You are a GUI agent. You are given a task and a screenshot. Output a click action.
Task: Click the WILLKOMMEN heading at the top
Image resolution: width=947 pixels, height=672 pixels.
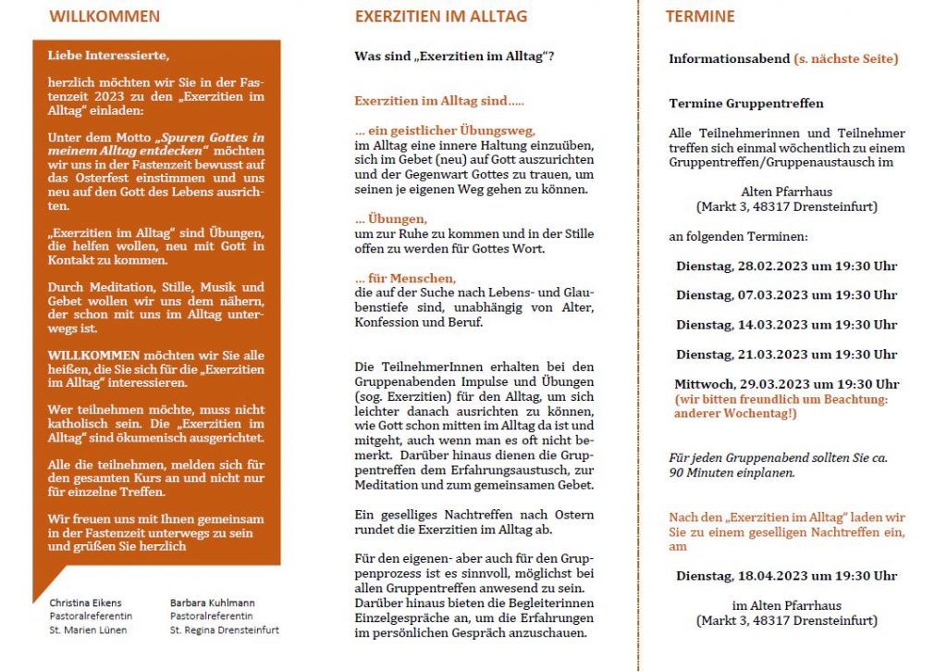(104, 17)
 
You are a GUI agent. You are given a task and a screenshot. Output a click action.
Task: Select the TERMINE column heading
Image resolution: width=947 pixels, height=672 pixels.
(700, 17)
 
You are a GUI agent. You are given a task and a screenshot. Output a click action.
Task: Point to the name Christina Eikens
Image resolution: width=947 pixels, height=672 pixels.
(85, 603)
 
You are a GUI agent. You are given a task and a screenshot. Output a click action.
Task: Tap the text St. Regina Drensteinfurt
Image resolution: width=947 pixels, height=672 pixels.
(224, 630)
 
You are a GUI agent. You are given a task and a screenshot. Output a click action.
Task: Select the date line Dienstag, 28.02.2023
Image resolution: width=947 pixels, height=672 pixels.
(786, 266)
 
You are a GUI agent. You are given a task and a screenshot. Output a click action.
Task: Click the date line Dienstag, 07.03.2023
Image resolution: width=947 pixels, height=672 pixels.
(786, 295)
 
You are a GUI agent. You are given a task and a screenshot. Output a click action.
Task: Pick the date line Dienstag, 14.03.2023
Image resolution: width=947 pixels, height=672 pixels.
(786, 325)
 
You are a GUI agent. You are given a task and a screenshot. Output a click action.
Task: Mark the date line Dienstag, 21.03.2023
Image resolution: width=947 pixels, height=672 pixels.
(786, 355)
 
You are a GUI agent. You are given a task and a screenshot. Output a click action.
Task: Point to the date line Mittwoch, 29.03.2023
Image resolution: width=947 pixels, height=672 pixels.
(786, 384)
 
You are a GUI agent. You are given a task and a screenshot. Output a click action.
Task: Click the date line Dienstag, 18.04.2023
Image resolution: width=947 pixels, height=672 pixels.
(786, 576)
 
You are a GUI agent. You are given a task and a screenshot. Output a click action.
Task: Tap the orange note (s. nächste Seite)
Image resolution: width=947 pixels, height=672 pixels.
(845, 59)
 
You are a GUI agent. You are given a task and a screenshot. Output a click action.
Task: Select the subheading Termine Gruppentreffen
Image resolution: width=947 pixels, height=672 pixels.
(745, 104)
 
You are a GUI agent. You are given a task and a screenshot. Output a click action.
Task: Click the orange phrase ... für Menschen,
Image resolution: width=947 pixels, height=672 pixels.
(405, 279)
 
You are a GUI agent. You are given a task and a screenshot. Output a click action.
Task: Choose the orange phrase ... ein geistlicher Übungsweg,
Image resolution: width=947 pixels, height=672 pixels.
(445, 131)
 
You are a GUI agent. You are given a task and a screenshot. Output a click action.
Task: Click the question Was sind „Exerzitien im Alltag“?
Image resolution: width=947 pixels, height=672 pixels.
(454, 56)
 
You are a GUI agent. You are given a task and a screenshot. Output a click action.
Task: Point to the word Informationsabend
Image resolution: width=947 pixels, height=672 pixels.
(728, 59)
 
